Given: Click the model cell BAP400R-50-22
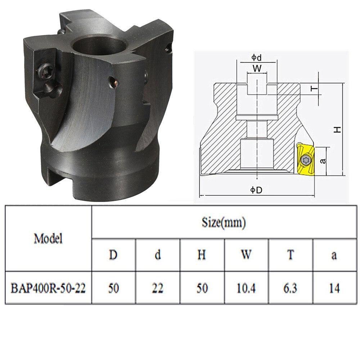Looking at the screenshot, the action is click(x=48, y=288).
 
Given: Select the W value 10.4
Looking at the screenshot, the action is click(x=246, y=288).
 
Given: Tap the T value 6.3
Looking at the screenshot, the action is click(x=290, y=288).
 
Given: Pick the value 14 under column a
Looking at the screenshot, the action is click(x=334, y=288).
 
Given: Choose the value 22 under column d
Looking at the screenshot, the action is click(x=158, y=288).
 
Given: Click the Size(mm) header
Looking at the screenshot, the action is click(x=224, y=222).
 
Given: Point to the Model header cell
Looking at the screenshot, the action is click(x=48, y=238).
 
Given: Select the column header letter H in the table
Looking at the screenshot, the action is click(x=202, y=255).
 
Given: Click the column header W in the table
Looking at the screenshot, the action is click(x=246, y=255).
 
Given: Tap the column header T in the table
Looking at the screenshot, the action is click(x=291, y=255).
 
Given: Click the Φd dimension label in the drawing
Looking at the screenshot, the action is click(x=256, y=57).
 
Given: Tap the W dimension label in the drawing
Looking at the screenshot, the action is click(x=257, y=68).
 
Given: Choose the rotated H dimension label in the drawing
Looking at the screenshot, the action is click(x=337, y=130).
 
